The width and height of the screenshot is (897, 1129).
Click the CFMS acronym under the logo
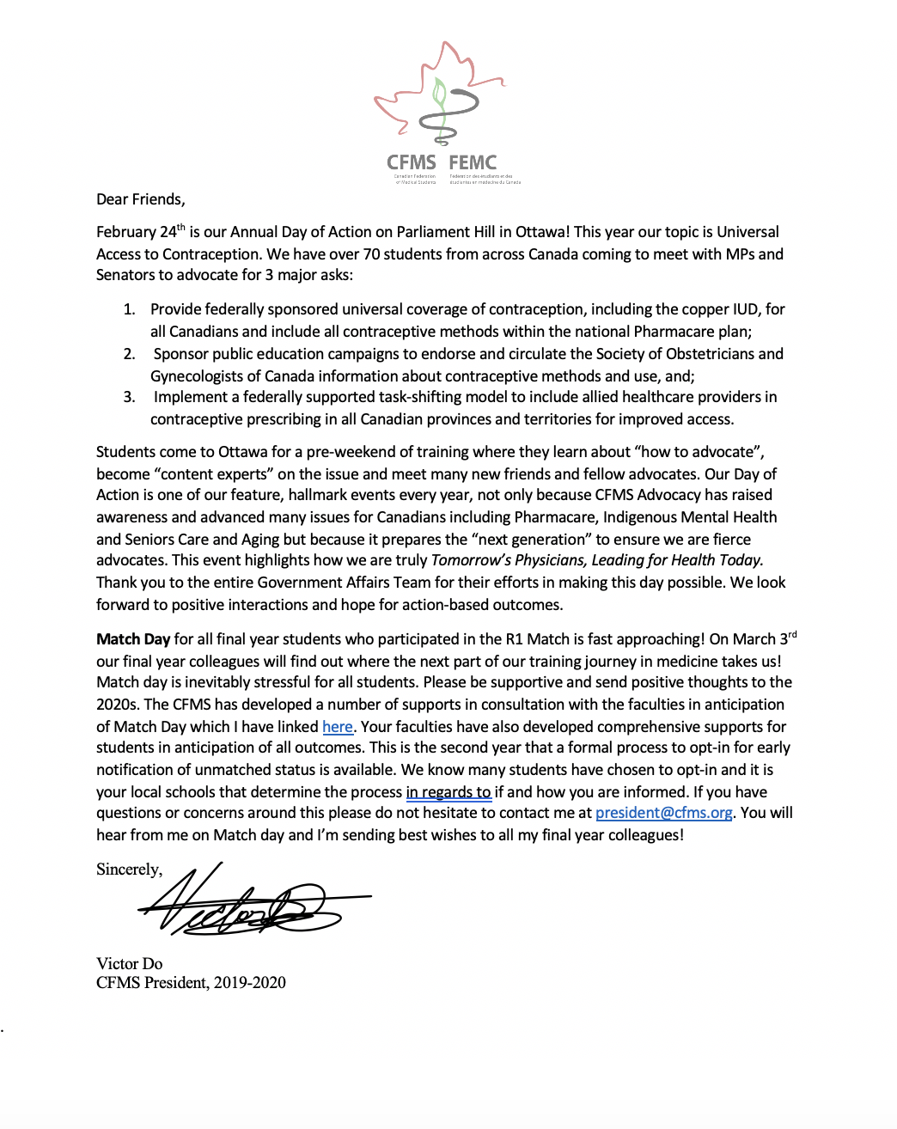[411, 162]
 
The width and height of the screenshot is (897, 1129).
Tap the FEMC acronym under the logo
[473, 162]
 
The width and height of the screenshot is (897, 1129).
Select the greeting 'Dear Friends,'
[140, 199]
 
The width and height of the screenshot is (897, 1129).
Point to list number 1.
[129, 309]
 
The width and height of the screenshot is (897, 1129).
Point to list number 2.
[129, 354]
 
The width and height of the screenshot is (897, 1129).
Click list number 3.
[129, 397]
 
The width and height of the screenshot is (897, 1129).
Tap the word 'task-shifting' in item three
[423, 397]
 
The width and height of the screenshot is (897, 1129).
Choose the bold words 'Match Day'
[133, 639]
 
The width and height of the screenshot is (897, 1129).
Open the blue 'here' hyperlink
[338, 727]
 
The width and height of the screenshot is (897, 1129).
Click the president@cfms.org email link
[663, 813]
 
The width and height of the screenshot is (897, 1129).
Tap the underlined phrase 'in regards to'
[448, 792]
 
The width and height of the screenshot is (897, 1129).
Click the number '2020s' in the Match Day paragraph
[118, 705]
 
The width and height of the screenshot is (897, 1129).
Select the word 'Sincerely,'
[129, 870]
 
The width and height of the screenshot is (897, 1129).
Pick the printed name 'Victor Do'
[129, 964]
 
